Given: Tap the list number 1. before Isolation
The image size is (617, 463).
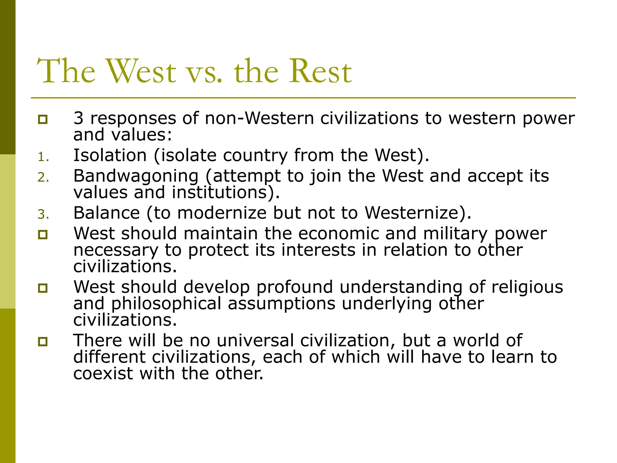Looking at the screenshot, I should click(x=43, y=157).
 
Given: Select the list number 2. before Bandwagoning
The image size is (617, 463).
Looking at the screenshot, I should click(x=43, y=178).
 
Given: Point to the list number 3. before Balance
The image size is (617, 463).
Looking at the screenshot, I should click(x=43, y=215).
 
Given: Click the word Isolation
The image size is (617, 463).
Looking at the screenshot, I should click(x=110, y=155).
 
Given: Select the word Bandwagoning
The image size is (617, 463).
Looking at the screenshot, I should click(x=136, y=176).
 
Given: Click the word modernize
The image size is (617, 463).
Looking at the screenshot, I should click(x=222, y=213).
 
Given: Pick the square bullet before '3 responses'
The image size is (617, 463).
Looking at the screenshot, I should click(x=43, y=119).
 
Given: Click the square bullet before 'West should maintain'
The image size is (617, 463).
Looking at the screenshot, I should click(x=43, y=235).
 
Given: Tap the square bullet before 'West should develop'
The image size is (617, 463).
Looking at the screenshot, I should click(x=43, y=288).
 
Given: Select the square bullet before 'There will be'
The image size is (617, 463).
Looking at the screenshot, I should click(x=43, y=342).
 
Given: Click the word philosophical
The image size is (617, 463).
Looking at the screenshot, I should click(x=166, y=304).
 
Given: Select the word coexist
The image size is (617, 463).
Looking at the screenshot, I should click(x=103, y=374).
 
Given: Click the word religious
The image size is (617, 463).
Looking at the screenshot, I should click(x=527, y=287).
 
